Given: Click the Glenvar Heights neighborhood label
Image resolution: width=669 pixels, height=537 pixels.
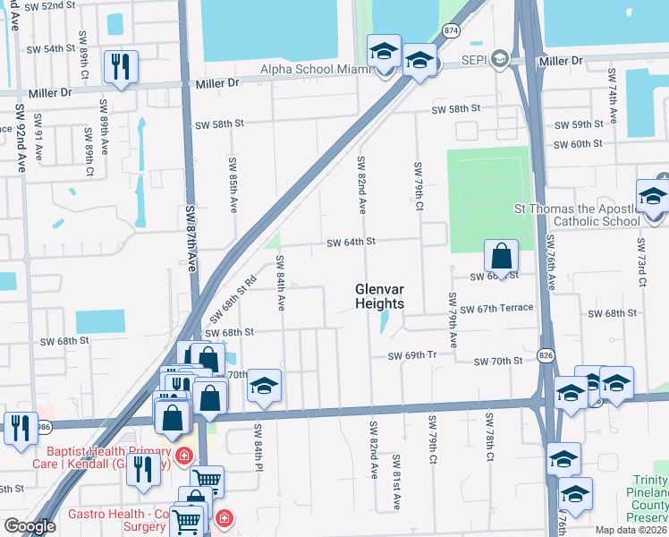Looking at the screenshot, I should click(379, 296).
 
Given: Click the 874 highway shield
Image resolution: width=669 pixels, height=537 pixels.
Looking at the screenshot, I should click(450, 30).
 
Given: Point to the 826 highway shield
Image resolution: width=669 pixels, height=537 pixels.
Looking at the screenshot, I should click(545, 355).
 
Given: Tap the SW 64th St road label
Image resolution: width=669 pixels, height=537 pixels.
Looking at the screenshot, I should click(351, 243).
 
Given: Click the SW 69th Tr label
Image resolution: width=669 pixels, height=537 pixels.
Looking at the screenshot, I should click(411, 355).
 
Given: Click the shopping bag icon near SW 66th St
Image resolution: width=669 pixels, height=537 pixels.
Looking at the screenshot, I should click(502, 256).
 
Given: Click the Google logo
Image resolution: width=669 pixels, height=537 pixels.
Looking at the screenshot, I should click(30, 526).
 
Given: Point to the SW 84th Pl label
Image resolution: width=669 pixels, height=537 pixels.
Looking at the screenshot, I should click(258, 447).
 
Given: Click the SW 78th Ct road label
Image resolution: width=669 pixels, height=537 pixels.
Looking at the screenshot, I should click(489, 438).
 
